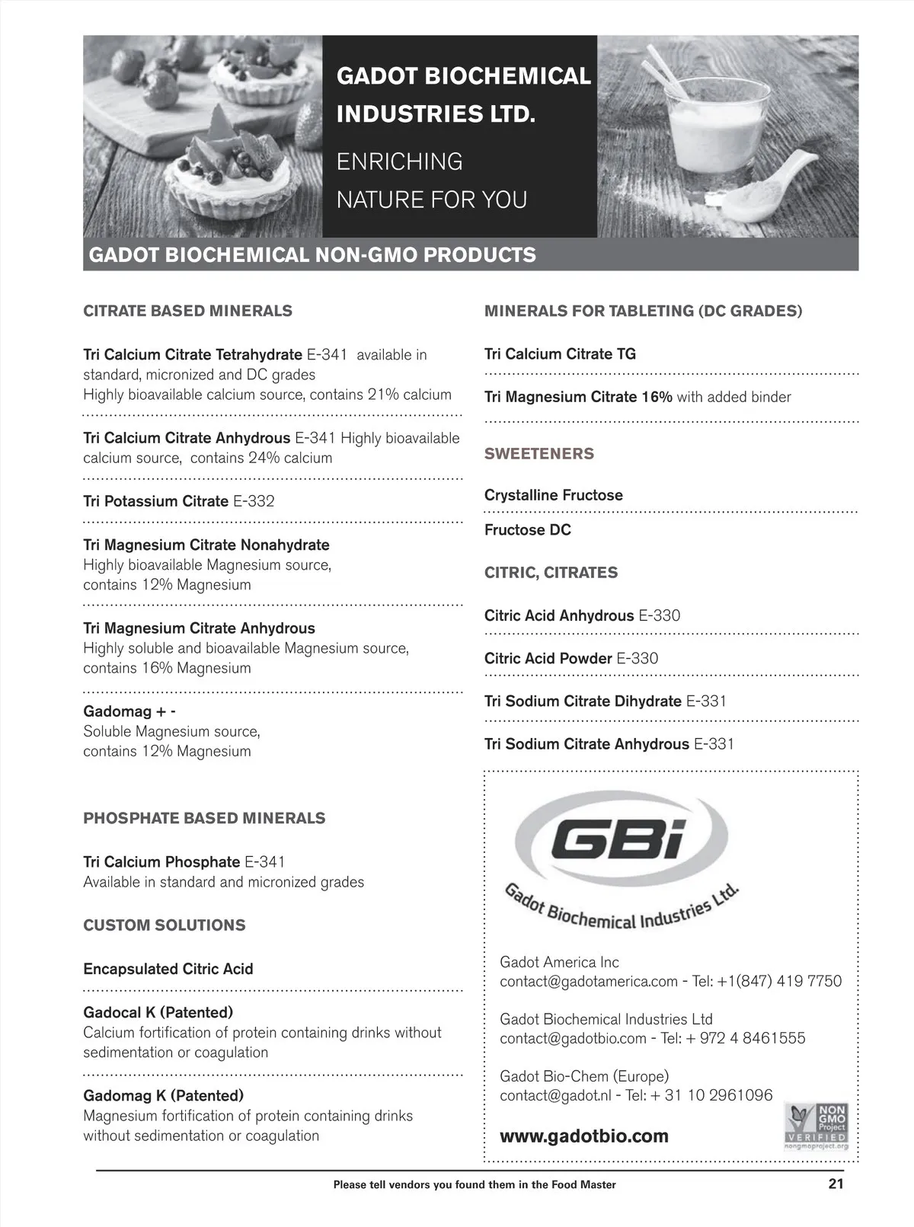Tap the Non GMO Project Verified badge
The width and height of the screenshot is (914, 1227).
817,1126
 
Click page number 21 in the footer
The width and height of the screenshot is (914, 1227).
836,1184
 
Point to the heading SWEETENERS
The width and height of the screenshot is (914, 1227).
538,453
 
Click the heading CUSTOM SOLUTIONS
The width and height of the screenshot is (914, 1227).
165,925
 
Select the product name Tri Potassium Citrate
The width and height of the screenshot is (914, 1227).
155,501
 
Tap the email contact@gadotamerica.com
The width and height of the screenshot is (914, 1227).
588,981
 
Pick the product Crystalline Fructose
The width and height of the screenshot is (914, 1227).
553,495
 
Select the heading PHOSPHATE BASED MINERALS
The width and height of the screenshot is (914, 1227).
204,818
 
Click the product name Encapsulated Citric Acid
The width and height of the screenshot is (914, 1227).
168,969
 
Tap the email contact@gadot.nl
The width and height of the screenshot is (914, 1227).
555,1095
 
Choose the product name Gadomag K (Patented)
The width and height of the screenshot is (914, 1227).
163,1095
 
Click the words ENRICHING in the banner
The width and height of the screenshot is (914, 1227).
399,161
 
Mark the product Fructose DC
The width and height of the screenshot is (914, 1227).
527,530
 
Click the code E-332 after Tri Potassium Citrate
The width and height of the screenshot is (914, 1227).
254,501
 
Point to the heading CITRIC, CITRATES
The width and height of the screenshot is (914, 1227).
551,573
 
